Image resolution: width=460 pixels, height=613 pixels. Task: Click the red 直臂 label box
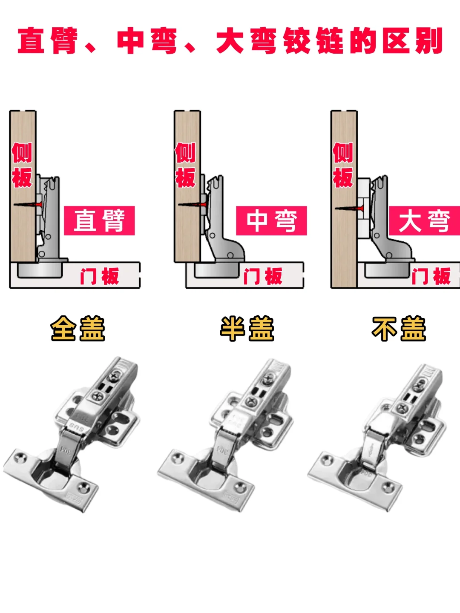pos(99,221)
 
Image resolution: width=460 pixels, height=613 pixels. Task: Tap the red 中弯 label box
pos(271,221)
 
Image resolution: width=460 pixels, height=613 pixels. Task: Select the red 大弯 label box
pos(425,221)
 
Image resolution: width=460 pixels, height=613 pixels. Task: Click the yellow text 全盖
pos(78,328)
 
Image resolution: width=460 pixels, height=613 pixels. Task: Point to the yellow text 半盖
pos(247,328)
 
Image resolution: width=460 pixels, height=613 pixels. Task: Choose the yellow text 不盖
pos(399,328)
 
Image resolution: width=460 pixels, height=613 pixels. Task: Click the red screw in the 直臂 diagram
pos(28,204)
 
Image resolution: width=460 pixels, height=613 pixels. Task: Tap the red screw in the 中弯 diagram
pos(193,204)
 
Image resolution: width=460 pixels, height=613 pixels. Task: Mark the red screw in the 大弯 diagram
pos(349,208)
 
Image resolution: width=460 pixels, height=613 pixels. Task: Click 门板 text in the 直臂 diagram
pos(100,276)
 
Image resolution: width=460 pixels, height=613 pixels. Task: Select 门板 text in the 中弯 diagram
pos(263,276)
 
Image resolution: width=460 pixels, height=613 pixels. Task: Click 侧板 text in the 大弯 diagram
pos(343,165)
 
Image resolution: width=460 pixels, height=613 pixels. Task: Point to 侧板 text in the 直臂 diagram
pos(22,165)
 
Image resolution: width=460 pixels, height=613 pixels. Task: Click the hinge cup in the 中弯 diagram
pos(217,270)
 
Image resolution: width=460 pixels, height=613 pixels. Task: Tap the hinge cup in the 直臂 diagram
pos(40,270)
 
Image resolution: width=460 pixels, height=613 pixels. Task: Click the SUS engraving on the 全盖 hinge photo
pos(77,427)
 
